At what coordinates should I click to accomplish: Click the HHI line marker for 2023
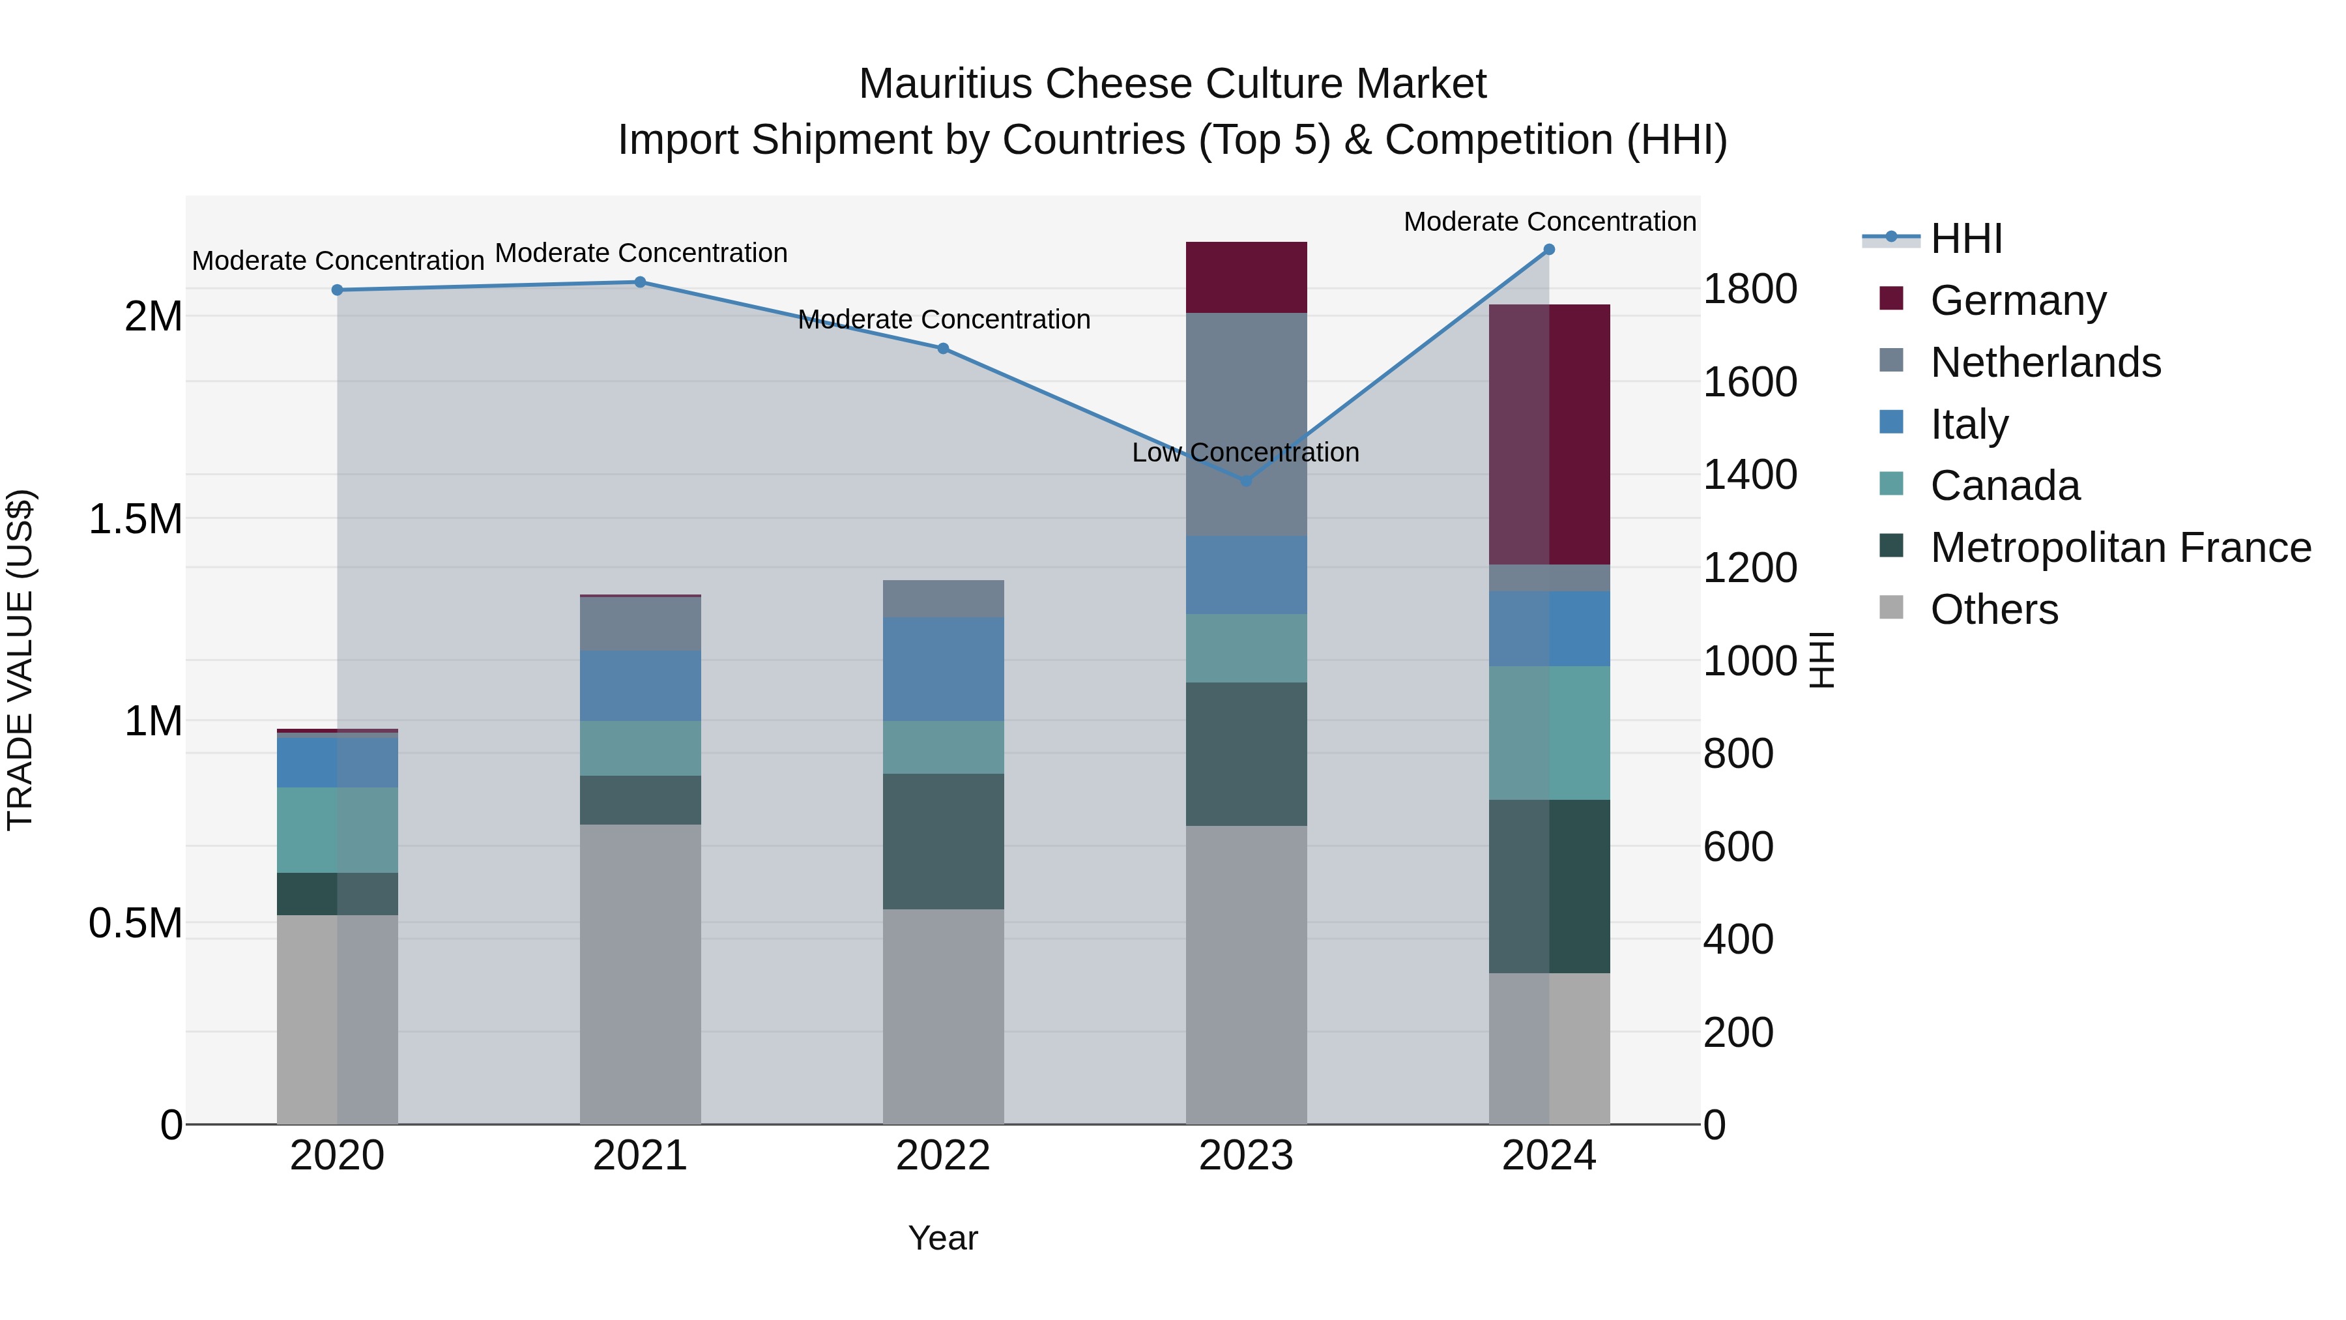click(x=1246, y=480)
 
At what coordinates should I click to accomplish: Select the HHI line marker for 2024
click(x=1548, y=250)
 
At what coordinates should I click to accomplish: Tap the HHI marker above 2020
click(x=337, y=289)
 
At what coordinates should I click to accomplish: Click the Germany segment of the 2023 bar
click(x=1246, y=277)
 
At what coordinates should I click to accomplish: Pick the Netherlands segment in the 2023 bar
click(x=1246, y=424)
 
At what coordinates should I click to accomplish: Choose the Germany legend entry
click(x=2017, y=301)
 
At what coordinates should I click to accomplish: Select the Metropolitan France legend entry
click(x=2120, y=548)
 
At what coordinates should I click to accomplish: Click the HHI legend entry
click(x=1965, y=239)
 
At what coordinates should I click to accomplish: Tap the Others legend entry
click(x=1993, y=609)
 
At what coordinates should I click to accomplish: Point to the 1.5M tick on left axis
click(x=135, y=520)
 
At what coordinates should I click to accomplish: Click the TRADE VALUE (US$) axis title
click(x=20, y=660)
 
